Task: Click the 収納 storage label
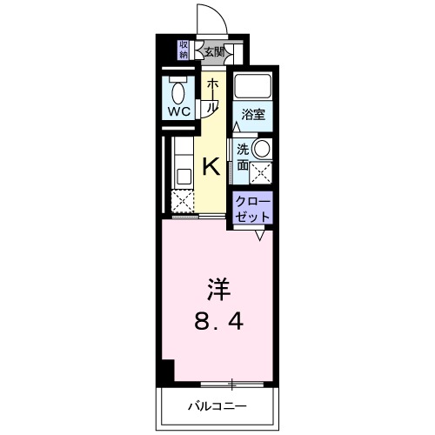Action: (x=184, y=50)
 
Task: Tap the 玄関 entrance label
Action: (x=214, y=51)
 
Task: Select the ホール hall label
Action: (x=212, y=93)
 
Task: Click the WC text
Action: (x=180, y=111)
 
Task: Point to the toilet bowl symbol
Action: (x=180, y=90)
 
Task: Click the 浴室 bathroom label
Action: (x=253, y=114)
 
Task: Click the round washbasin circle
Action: (x=260, y=148)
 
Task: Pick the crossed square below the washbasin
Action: (x=260, y=171)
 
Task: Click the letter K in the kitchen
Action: (x=211, y=166)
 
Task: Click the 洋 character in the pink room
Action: (x=217, y=287)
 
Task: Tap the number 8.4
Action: (x=217, y=325)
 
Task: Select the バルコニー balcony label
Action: (x=217, y=405)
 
